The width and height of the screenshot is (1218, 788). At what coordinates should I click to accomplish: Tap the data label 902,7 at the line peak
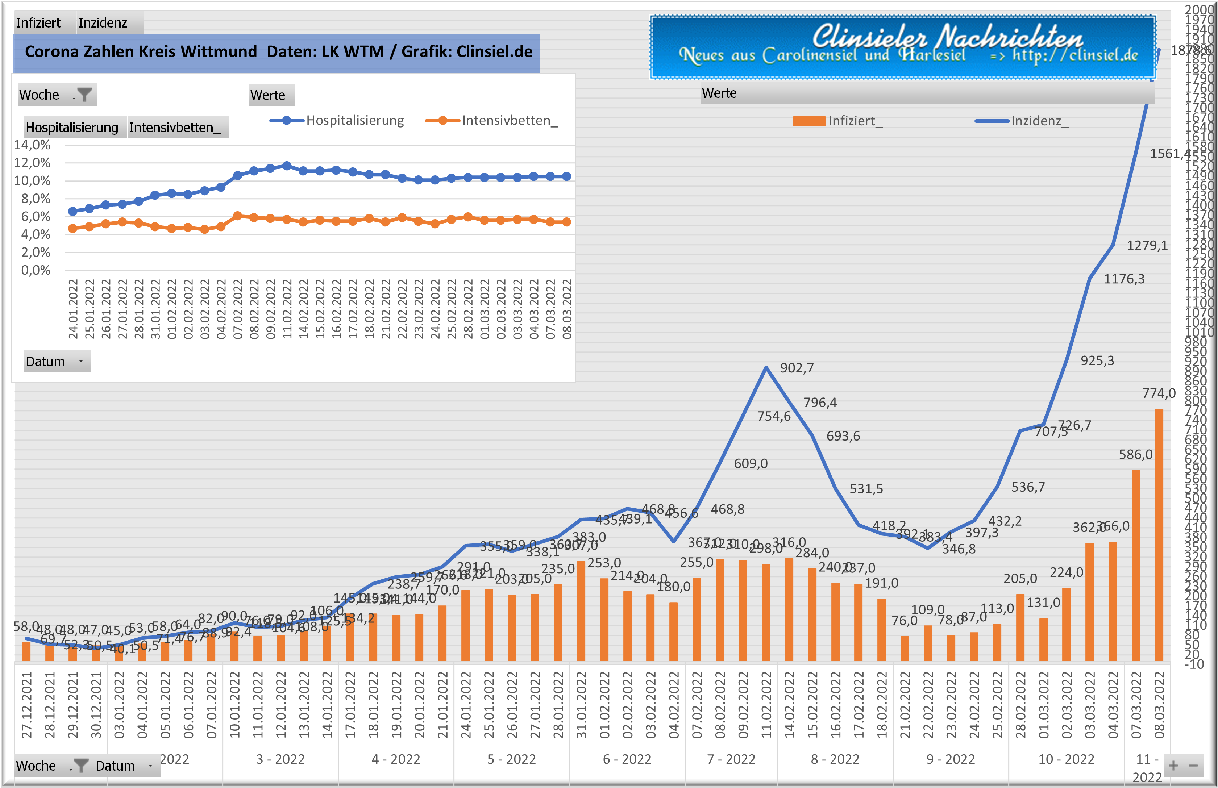coord(796,368)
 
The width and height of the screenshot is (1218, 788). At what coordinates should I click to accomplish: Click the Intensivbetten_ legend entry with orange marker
coord(491,121)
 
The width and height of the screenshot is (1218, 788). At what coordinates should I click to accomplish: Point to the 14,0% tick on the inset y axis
coord(32,145)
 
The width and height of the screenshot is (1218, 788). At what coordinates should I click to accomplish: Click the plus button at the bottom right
coord(1173,766)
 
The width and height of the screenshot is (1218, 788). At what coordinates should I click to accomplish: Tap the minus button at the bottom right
coord(1193,766)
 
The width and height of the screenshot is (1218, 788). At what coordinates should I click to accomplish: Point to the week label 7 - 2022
coord(731,759)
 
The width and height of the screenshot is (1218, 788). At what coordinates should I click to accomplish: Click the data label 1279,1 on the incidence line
coord(1147,246)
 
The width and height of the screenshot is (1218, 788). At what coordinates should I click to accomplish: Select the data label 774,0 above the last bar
coord(1159,393)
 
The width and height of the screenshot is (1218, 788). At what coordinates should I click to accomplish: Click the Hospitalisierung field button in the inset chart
coord(72,128)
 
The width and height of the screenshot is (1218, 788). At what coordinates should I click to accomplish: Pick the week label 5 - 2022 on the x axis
coord(511,759)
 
